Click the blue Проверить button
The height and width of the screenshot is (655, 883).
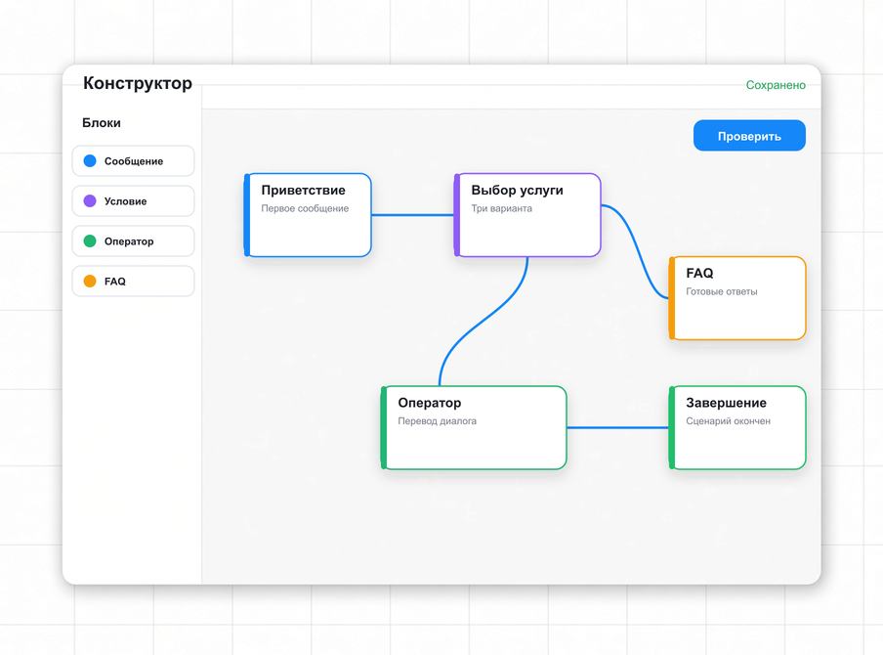[749, 135]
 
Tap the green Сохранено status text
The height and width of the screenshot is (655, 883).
[776, 85]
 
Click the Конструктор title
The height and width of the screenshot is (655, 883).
[138, 83]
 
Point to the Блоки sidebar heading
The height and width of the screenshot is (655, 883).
[102, 123]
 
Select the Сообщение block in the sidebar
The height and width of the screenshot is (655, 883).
[134, 161]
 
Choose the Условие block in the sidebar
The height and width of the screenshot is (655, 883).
[134, 201]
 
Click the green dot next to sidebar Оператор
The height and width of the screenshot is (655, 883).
[90, 241]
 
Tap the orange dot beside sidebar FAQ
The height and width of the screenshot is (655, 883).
[90, 282]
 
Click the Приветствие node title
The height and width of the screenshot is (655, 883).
[303, 191]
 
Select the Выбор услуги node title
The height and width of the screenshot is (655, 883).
[517, 191]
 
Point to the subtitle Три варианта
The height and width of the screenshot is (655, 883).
[501, 208]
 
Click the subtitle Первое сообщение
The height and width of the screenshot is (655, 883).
[305, 208]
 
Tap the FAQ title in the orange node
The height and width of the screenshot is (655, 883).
[699, 274]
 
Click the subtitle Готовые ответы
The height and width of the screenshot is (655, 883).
[722, 291]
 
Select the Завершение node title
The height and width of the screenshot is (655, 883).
[726, 403]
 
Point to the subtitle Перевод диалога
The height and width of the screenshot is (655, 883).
[437, 421]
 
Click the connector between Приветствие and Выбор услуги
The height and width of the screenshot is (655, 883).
[413, 215]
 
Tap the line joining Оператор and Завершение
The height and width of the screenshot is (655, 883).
[617, 428]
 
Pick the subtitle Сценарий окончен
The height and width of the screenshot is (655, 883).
[728, 421]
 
